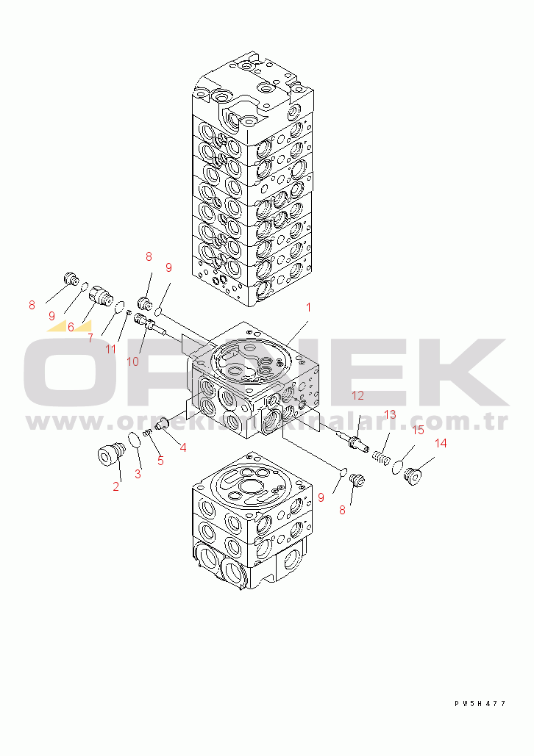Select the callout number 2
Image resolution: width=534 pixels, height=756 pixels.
[x=116, y=486]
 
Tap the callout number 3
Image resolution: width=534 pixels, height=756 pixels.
[x=138, y=474]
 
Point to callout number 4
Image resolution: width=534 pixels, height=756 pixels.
[x=182, y=447]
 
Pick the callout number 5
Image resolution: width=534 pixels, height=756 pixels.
[x=160, y=461]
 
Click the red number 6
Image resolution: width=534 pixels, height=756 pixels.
[x=71, y=327]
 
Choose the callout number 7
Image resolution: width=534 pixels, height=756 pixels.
[x=90, y=338]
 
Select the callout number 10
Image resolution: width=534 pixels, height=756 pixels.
[x=132, y=361]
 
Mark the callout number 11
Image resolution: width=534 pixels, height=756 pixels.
[x=110, y=349]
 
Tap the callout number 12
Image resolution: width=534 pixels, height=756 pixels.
[x=357, y=395]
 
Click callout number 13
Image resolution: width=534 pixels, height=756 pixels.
[x=390, y=414]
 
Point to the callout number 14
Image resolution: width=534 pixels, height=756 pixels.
[x=441, y=443]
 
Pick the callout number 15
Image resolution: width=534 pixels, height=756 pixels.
[x=417, y=430]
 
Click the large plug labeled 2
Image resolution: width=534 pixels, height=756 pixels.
[x=109, y=455]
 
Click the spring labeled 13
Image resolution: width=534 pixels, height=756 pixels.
[x=381, y=457]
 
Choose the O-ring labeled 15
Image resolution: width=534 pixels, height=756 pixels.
[x=397, y=466]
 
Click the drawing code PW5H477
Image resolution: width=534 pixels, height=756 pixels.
[x=480, y=704]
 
